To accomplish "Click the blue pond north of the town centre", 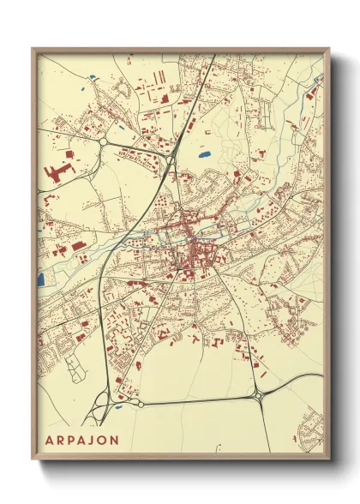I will click(x=204, y=155).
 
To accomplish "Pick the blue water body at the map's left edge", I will click(x=40, y=279).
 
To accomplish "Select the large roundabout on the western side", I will click(x=104, y=141).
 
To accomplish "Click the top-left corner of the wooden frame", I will click(x=33, y=49).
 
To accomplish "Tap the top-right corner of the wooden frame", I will click(x=328, y=49).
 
